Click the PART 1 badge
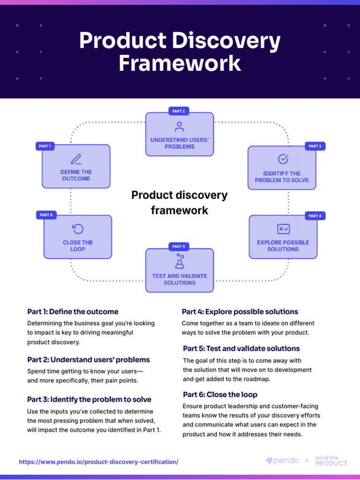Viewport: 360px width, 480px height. (x=45, y=146)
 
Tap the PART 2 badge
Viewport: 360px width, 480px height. (x=179, y=111)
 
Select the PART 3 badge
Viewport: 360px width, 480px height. (x=315, y=146)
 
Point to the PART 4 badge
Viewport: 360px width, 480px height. (x=315, y=216)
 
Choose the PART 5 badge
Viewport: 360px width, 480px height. (x=179, y=246)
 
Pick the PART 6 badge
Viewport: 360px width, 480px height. (x=46, y=215)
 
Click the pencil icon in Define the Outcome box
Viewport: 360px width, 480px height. (x=76, y=159)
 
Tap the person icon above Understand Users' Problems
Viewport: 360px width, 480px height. (x=179, y=127)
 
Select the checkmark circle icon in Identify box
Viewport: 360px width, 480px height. (x=283, y=159)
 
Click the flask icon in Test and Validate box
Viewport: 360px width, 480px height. (x=180, y=261)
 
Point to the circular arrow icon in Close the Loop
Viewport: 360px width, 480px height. (x=78, y=229)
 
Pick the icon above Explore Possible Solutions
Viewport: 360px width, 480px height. (x=283, y=229)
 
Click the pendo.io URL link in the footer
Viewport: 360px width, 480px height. (x=98, y=462)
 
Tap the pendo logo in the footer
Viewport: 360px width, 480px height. (x=282, y=461)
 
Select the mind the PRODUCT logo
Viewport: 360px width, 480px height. (x=331, y=461)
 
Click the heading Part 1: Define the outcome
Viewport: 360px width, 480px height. (x=73, y=312)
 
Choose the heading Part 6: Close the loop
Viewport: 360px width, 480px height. (x=220, y=395)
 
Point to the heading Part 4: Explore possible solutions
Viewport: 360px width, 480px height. (x=240, y=312)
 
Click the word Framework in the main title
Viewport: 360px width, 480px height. (x=180, y=63)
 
